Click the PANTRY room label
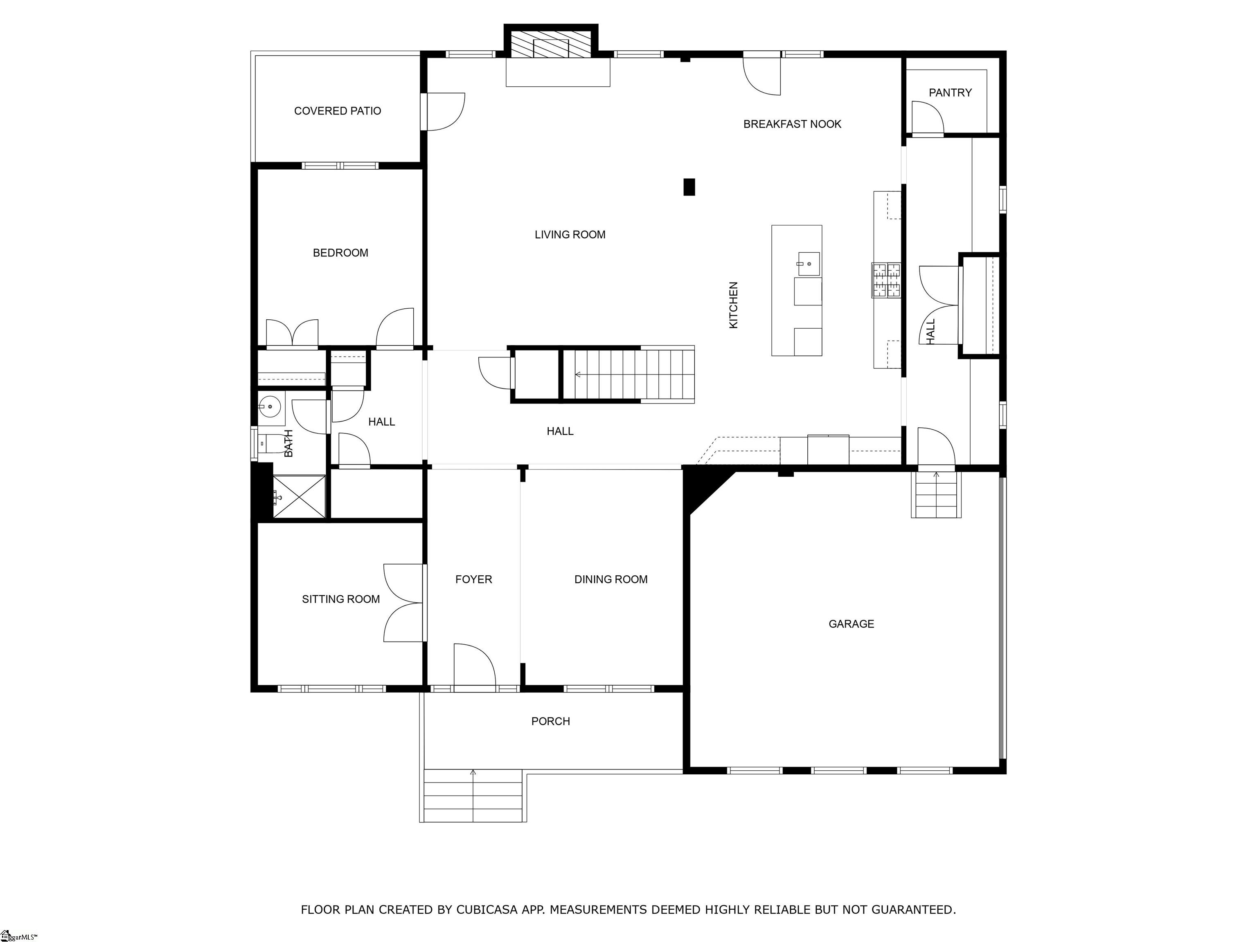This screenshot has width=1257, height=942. tap(950, 92)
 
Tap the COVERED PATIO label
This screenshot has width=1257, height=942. tap(338, 111)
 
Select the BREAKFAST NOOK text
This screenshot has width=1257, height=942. tap(792, 124)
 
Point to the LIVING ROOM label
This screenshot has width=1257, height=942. tap(570, 235)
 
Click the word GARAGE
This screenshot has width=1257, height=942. tap(851, 624)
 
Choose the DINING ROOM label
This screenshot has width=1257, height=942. tap(611, 579)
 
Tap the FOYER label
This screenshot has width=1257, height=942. tap(473, 579)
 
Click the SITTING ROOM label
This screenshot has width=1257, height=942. tap(341, 599)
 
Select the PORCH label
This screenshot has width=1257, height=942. tap(551, 721)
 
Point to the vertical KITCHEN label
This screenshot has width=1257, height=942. tap(734, 305)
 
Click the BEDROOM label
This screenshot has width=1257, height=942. tap(340, 253)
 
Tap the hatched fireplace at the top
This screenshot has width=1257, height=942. tap(551, 43)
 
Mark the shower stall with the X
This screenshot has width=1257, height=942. tap(300, 497)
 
